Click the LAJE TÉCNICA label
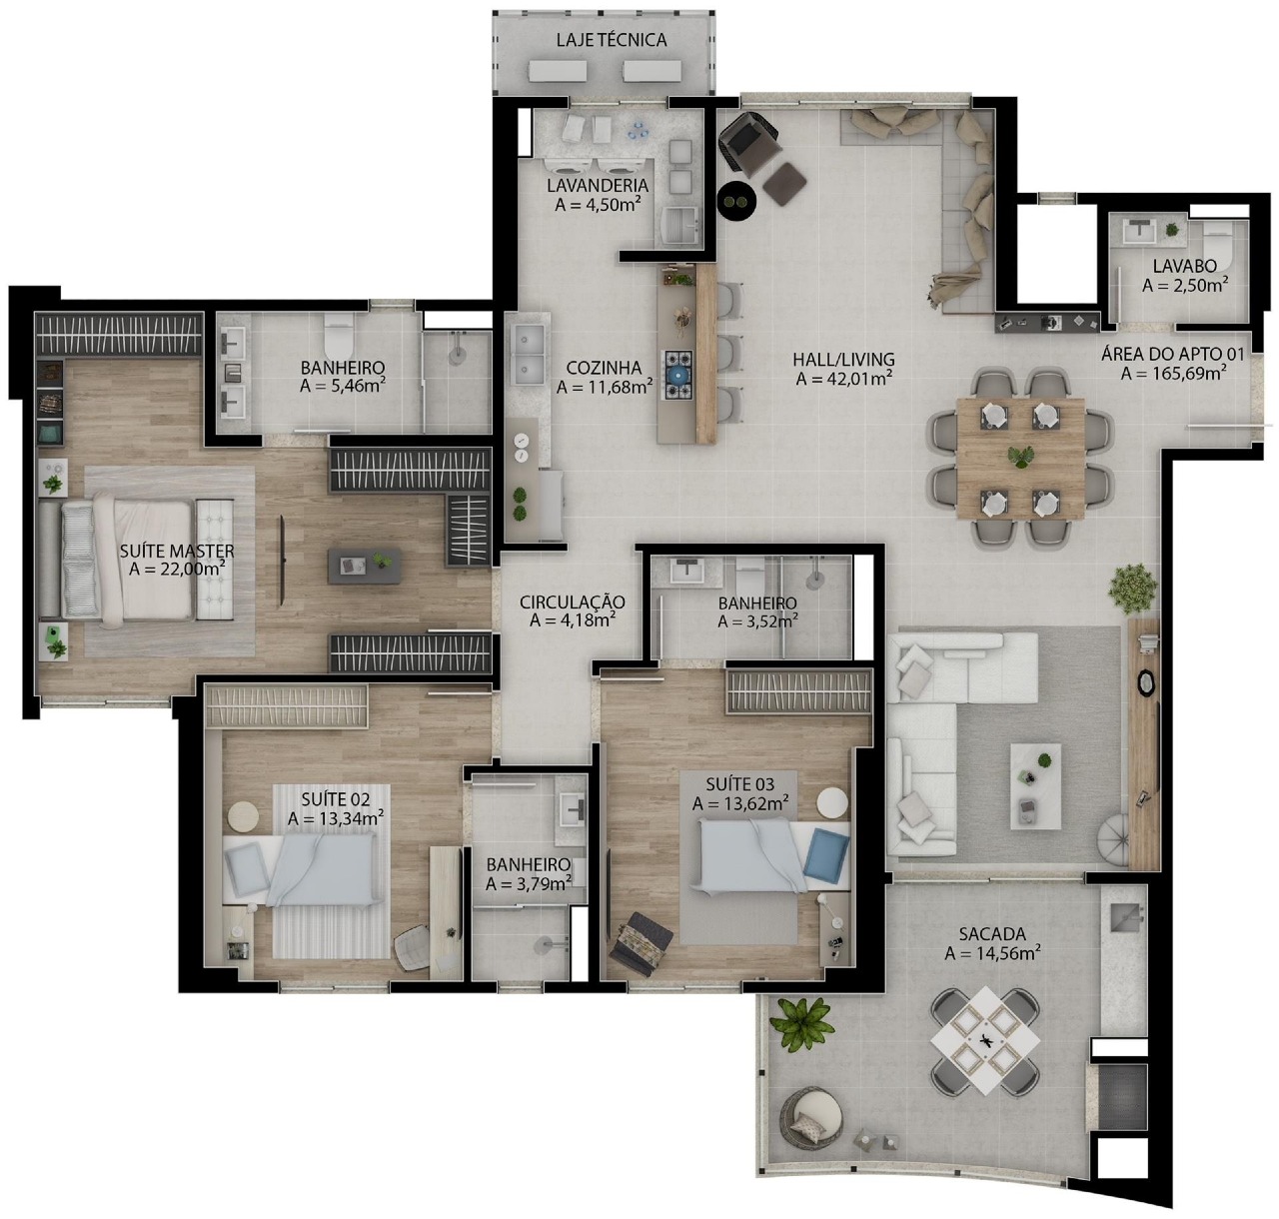(x=611, y=40)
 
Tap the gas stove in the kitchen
(x=678, y=375)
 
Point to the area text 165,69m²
(x=1174, y=374)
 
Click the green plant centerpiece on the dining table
(x=1019, y=456)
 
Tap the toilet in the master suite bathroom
(x=339, y=332)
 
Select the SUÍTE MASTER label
(x=177, y=551)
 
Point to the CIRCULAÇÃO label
(x=572, y=603)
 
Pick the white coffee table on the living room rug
(x=1035, y=786)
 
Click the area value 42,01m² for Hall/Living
(x=843, y=378)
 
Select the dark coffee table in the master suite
(x=365, y=566)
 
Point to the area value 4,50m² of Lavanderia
(x=595, y=205)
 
